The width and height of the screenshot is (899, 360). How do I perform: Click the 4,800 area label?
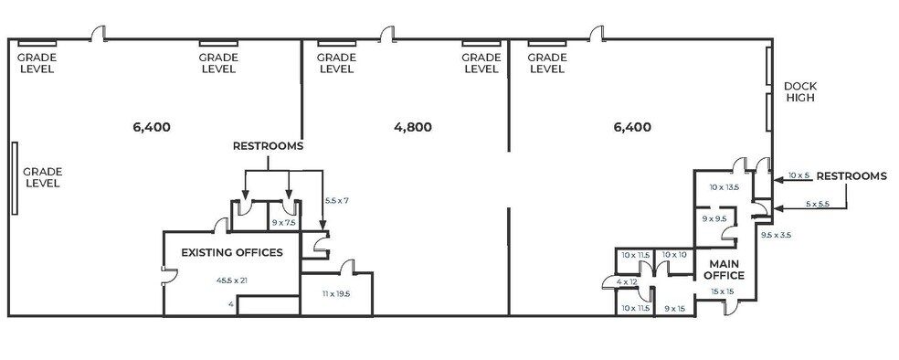[x=412, y=128]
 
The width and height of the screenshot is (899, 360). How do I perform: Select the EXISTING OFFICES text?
[x=232, y=252]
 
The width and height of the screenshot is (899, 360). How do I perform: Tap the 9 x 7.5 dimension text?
[x=284, y=222]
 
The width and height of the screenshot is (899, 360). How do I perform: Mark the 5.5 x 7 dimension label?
[x=337, y=199]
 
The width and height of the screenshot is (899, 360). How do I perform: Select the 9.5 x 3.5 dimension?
[x=776, y=235]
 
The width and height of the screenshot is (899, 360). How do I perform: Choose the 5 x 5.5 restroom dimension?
[x=817, y=205]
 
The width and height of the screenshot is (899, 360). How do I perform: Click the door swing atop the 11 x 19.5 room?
[x=345, y=266]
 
